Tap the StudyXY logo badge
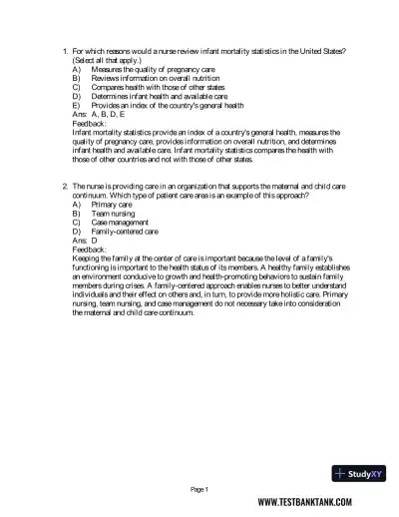(364, 474)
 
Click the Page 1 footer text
(199, 489)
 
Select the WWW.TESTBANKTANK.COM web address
(310, 505)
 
